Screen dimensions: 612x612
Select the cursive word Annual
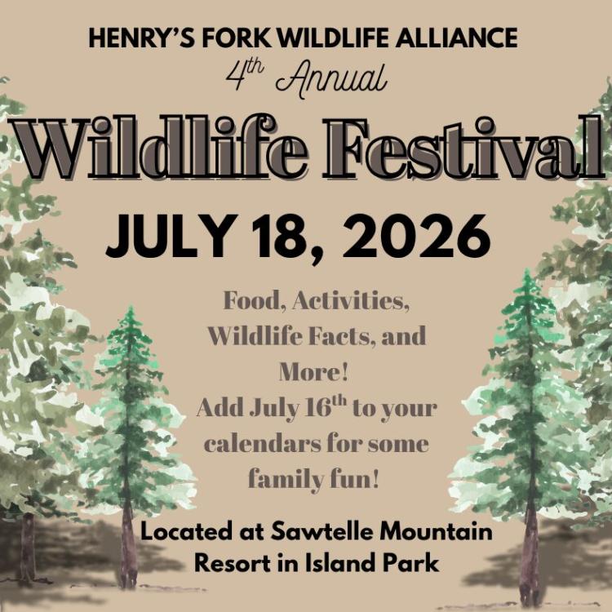[x=331, y=79]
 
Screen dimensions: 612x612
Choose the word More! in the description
[x=314, y=371]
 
